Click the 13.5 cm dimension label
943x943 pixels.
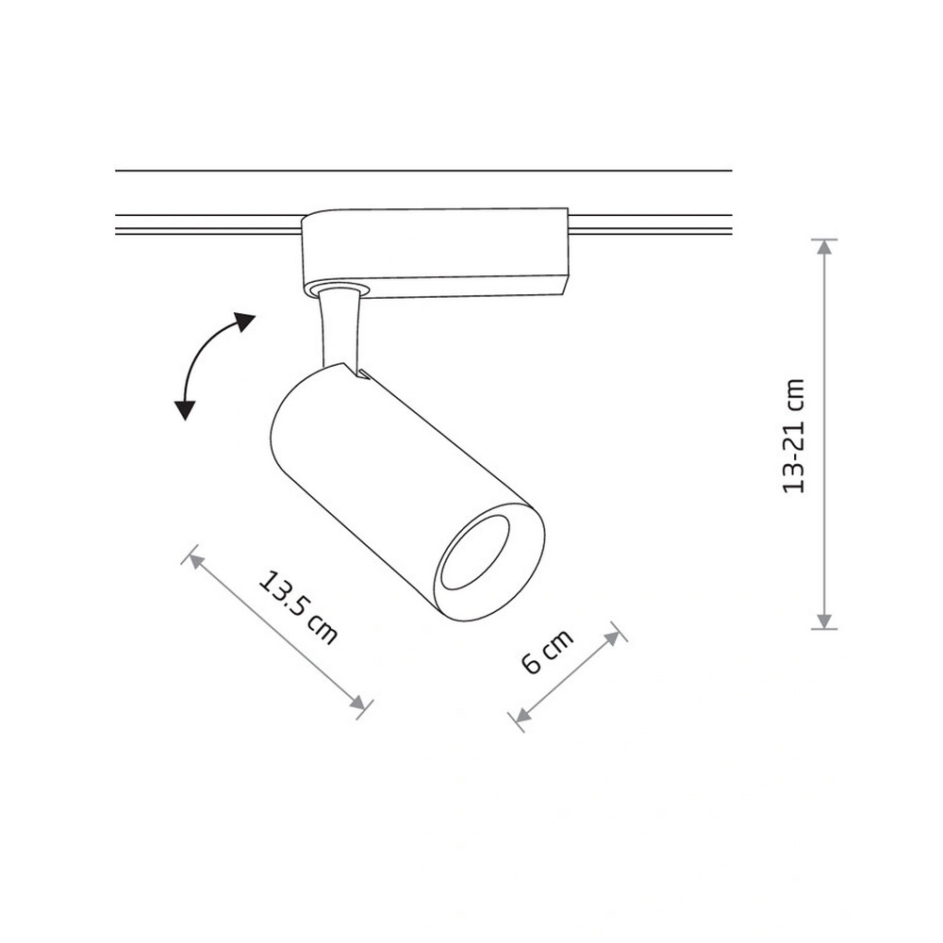coord(299,607)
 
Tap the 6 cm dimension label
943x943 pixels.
coord(547,652)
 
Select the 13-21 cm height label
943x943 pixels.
coord(793,436)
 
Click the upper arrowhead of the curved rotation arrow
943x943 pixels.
coord(245,322)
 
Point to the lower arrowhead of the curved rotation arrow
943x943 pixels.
coord(185,410)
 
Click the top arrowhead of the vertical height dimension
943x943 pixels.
coord(824,247)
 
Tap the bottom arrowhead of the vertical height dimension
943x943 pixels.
coord(824,621)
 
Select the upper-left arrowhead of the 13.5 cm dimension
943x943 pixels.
coord(197,561)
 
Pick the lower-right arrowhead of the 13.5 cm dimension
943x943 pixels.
coord(357,703)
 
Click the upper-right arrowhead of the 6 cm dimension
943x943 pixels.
coord(612,638)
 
